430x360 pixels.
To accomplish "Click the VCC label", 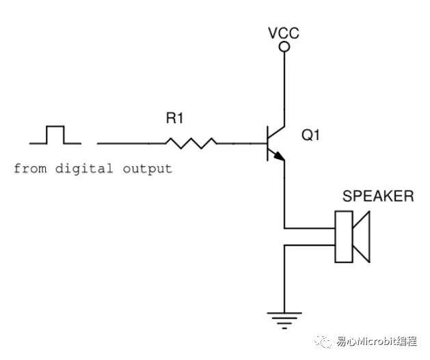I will coord(284,33).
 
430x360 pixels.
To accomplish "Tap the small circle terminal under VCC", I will coord(284,46).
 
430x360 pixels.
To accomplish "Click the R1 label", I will coord(175,119).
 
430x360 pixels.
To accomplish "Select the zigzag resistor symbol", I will coord(191,143).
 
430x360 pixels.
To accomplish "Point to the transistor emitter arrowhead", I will coord(279,158).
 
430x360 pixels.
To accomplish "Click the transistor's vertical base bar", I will coord(267,143).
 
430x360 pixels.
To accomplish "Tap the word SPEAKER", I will coord(378,197).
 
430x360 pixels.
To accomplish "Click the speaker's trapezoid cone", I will coord(361,237).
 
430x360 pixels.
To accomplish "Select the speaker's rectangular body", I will coord(343,237).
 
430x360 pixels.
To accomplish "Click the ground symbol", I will coord(284,317).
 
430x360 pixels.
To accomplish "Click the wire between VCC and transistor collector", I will coord(284,85).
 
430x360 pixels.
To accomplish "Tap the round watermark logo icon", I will coord(321,341).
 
